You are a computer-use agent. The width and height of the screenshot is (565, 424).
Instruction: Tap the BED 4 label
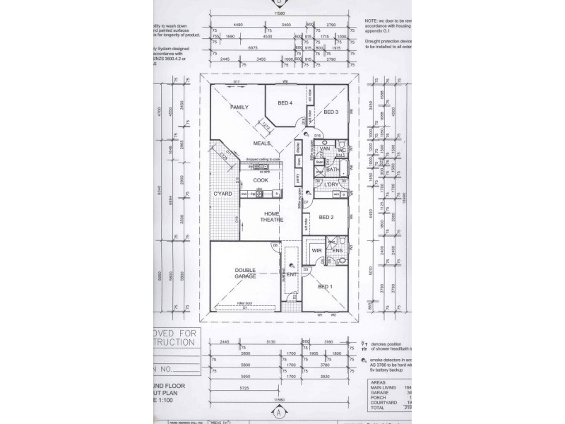[x=285, y=104]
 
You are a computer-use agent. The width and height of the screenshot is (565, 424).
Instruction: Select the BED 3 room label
[x=331, y=112]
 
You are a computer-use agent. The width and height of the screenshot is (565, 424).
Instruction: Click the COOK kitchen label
[x=261, y=180]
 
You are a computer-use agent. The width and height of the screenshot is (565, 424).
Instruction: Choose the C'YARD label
[x=224, y=193]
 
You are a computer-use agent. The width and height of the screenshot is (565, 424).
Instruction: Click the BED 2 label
[x=326, y=217]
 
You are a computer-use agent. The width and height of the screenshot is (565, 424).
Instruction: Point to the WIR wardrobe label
[x=317, y=249]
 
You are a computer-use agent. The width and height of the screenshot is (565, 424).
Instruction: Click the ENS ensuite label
[x=337, y=250]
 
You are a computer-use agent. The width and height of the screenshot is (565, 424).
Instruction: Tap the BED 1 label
[x=326, y=286]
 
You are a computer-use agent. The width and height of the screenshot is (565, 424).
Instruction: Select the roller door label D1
[x=244, y=307]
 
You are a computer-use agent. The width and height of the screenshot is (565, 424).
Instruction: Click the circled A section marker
[x=280, y=411]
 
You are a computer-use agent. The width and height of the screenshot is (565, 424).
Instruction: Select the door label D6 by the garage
[x=275, y=245]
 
